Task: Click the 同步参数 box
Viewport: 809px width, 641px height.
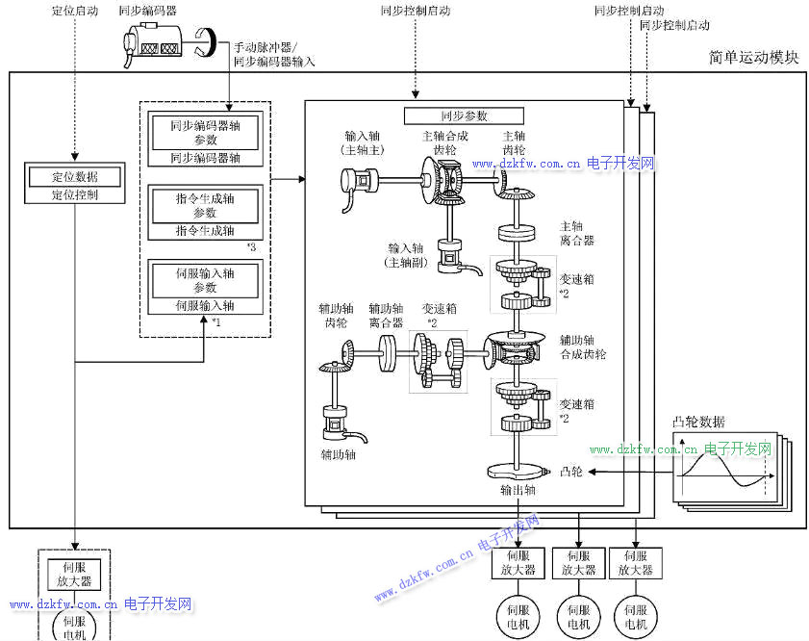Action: pos(464,115)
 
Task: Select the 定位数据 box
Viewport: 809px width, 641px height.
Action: pos(74,177)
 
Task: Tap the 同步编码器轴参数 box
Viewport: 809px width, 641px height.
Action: pos(205,133)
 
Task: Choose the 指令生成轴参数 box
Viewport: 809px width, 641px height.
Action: pos(205,205)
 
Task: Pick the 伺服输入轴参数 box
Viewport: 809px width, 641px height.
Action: pos(205,280)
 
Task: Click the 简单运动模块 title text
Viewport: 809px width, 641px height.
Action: pos(753,58)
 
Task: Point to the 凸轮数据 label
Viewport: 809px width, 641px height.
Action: pos(699,422)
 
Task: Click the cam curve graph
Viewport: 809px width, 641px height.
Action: pos(724,472)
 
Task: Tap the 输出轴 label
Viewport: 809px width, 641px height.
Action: pos(518,490)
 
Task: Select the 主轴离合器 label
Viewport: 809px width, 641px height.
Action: pos(576,233)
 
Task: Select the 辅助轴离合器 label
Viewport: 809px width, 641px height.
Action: pos(387,316)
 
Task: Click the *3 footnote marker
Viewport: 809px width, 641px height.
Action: pos(251,247)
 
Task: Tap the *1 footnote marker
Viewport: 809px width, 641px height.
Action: pos(216,321)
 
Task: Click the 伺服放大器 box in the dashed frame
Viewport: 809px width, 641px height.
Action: pos(73,574)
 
